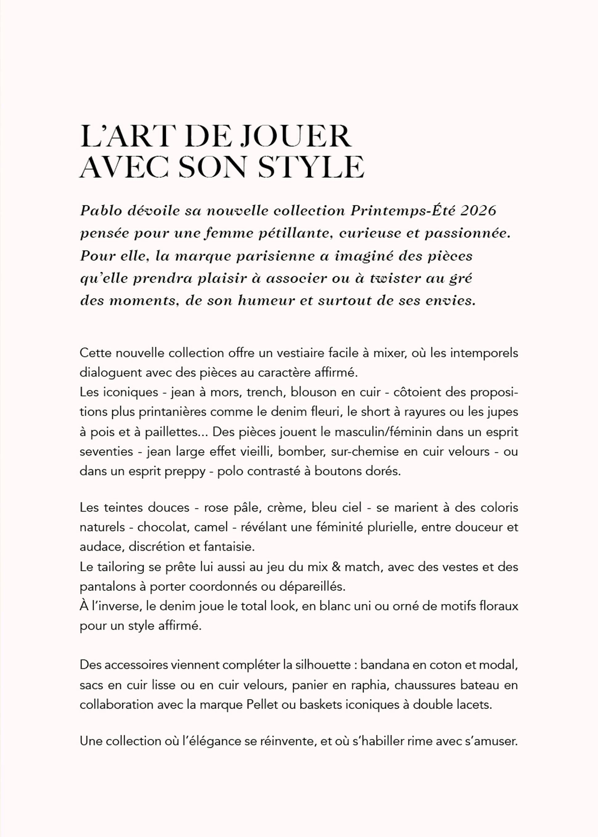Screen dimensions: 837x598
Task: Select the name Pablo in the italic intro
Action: (x=101, y=211)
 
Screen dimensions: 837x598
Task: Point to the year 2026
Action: (x=478, y=211)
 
